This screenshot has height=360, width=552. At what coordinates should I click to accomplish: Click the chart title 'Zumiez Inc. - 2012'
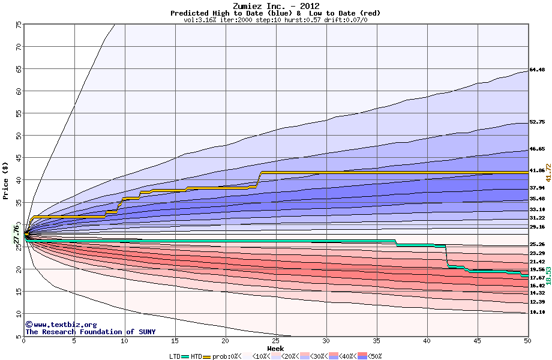(x=275, y=6)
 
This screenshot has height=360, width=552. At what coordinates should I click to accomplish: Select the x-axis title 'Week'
(x=275, y=349)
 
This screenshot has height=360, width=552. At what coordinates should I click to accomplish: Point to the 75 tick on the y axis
(x=19, y=25)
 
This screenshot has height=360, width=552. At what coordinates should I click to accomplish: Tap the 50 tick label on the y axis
(x=19, y=136)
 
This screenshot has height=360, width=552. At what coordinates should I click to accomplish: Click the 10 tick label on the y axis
(x=19, y=314)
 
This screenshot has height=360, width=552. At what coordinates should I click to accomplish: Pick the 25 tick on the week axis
(x=275, y=341)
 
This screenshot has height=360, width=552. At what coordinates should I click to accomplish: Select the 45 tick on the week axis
(x=477, y=341)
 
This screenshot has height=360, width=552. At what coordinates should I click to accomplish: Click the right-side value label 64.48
(x=537, y=70)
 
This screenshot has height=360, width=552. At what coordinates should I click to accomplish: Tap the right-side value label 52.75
(x=537, y=122)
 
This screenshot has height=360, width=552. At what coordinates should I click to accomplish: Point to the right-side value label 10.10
(x=537, y=313)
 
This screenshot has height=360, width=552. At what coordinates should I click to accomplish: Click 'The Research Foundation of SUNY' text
(x=90, y=332)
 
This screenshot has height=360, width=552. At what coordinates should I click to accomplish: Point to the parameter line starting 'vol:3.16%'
(x=275, y=20)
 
